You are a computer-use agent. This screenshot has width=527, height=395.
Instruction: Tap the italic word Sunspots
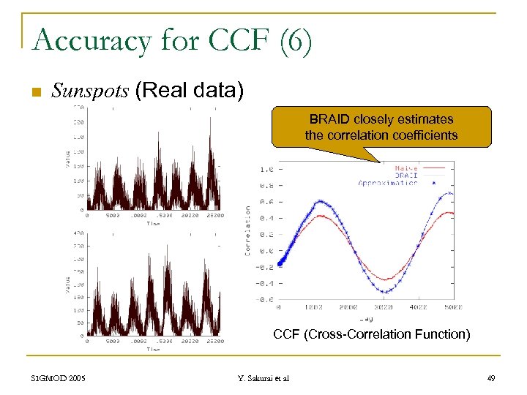[90, 91]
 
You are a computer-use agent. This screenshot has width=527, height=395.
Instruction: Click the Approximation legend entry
[389, 183]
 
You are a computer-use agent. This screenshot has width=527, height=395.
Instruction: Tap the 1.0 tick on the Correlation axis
[268, 169]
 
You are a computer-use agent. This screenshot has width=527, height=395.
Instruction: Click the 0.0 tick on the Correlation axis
[268, 251]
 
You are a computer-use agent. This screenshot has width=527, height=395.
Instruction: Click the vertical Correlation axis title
[248, 230]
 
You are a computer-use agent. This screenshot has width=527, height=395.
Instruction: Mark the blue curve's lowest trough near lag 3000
[386, 291]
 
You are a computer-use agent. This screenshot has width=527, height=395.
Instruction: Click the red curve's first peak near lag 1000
[318, 217]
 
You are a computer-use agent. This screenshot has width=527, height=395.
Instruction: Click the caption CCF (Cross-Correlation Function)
[371, 334]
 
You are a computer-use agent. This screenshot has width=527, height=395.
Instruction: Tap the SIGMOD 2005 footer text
[59, 378]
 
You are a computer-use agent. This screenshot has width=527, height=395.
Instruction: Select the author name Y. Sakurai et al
[263, 378]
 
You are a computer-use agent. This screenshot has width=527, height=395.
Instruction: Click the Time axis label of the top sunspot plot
[152, 224]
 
